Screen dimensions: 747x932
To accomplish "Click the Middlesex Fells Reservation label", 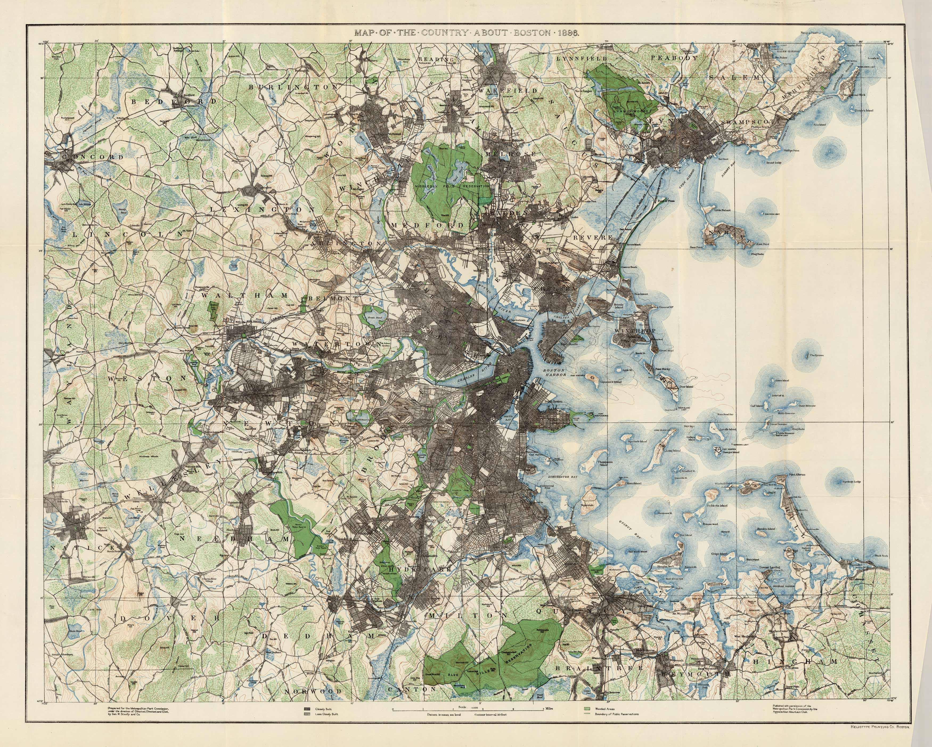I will coord(452,186).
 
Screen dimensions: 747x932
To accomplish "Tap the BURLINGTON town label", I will coord(293,87).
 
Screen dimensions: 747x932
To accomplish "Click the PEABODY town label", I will coord(674,58).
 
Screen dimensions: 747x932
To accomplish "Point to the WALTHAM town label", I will coord(245,295).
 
